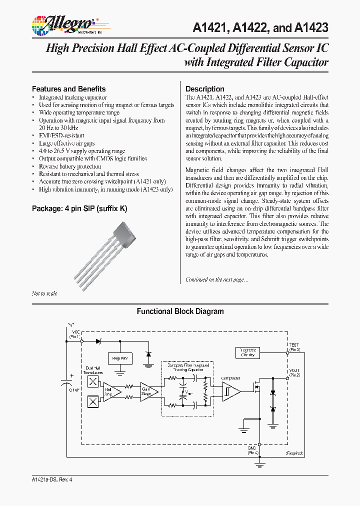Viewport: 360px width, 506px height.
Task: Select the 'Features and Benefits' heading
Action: (x=69, y=88)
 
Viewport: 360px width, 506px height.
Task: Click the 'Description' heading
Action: (x=205, y=89)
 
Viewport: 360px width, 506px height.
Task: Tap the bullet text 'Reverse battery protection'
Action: (x=70, y=166)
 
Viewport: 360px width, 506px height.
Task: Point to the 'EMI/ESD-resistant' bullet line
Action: (x=61, y=135)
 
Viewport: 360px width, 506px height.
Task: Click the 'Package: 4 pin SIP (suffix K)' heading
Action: (x=79, y=208)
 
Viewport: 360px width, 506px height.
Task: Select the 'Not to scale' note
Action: (x=44, y=293)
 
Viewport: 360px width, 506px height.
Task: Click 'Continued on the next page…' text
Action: (x=216, y=279)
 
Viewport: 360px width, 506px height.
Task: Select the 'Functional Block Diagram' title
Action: (x=180, y=311)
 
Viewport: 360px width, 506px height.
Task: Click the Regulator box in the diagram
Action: (x=120, y=358)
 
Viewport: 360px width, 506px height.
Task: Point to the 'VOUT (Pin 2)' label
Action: (x=294, y=372)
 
